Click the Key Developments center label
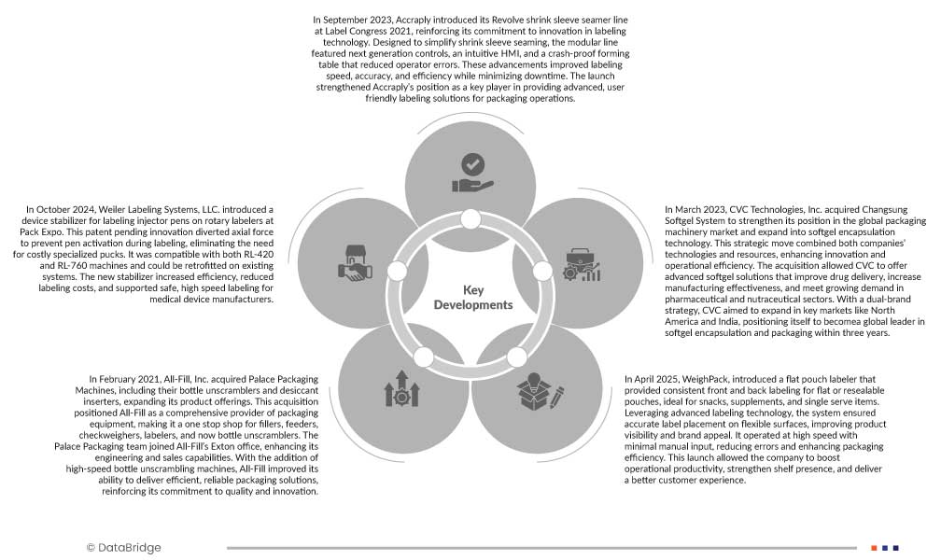point(473,297)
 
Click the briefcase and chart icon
point(582,264)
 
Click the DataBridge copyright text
point(123,548)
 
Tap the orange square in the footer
point(874,548)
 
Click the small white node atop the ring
point(470,219)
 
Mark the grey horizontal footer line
point(541,548)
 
